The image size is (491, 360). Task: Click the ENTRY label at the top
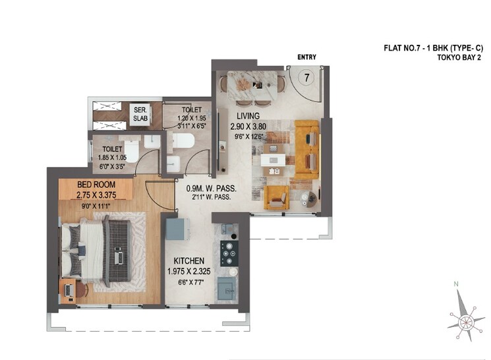coord(307,57)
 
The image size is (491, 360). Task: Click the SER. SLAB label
coord(140,114)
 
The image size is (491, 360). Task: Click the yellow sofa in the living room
coord(306,149)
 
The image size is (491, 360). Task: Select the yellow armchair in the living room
coord(276,197)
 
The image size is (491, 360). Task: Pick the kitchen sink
coord(227,287)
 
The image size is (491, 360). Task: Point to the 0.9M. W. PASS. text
coord(211,188)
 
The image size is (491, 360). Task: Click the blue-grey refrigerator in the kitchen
coord(177,228)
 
